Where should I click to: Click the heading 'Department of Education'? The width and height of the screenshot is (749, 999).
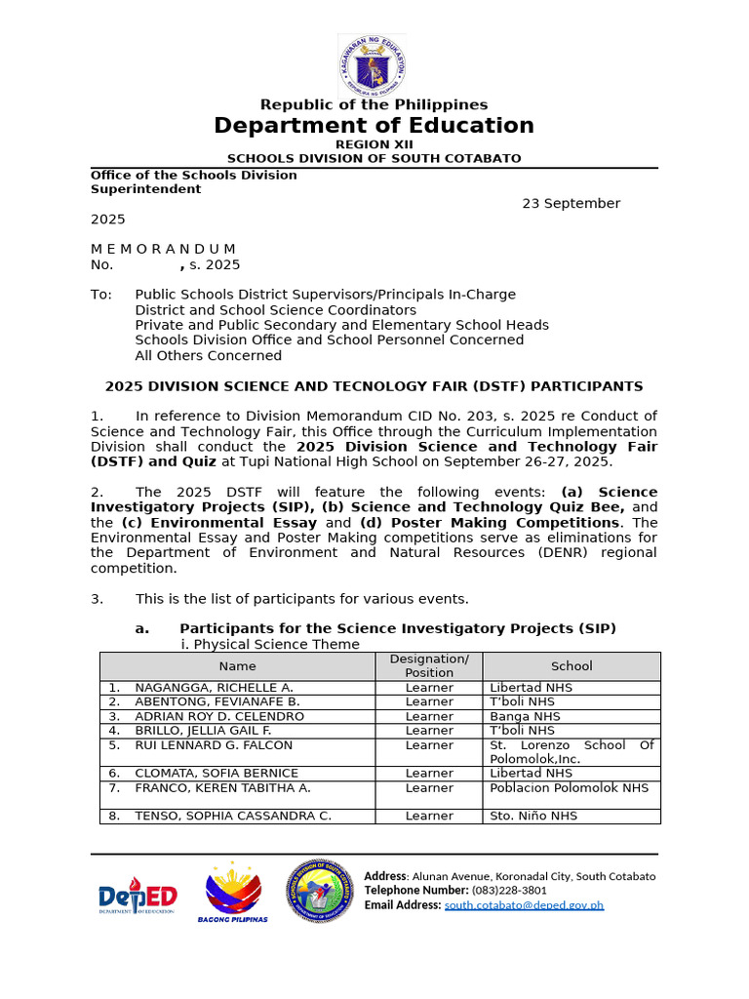tap(374, 126)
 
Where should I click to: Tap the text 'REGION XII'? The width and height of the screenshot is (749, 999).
tap(374, 144)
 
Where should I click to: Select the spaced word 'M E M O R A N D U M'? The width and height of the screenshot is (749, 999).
tap(163, 250)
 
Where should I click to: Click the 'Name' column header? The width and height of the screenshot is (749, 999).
tap(237, 666)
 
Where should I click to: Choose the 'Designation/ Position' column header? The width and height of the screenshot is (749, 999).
tap(429, 666)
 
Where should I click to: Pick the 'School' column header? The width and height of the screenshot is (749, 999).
tap(572, 666)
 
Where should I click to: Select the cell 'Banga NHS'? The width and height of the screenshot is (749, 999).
tap(525, 716)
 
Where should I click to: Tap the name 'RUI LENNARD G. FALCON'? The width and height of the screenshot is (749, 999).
tap(214, 745)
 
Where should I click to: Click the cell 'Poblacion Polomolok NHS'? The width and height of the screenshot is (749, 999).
tap(569, 788)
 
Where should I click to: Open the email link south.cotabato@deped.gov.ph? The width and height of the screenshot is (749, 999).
tap(524, 905)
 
